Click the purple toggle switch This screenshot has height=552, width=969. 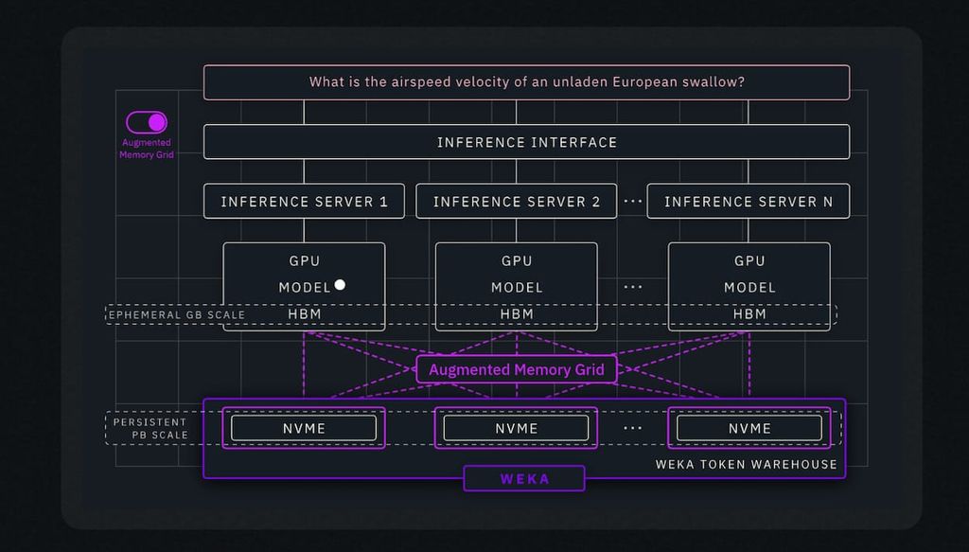[x=147, y=122]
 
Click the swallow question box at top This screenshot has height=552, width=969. [x=526, y=82]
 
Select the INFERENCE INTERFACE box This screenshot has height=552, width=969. [x=526, y=142]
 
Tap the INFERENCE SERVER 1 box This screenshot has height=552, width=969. [x=304, y=202]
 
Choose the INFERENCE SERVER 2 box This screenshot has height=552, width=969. [x=516, y=202]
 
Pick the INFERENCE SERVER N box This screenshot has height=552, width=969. [x=748, y=202]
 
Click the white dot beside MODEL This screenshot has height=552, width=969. [x=340, y=285]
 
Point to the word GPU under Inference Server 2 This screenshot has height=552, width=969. [x=517, y=261]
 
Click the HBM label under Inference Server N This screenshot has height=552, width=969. [x=749, y=314]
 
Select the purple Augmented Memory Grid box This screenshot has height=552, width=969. [x=517, y=369]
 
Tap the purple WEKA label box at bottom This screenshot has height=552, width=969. [x=524, y=479]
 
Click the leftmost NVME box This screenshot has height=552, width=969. [x=304, y=428]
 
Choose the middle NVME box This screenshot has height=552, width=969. [x=516, y=428]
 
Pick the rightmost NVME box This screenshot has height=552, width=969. [x=749, y=428]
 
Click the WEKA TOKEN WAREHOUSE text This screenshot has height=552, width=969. [x=746, y=464]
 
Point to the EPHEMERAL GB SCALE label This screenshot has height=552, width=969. [x=177, y=314]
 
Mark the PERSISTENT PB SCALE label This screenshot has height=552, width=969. [x=151, y=428]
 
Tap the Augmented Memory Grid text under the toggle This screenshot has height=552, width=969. [x=147, y=149]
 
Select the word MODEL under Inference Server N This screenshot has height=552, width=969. [x=749, y=288]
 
